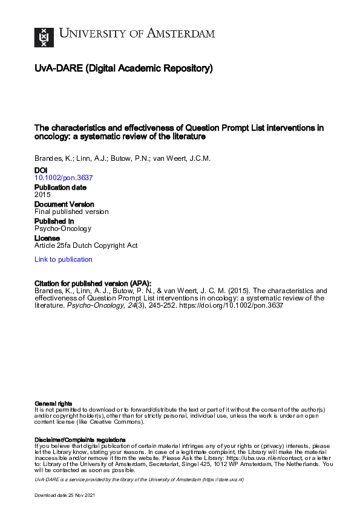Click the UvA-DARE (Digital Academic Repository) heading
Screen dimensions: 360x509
(123, 69)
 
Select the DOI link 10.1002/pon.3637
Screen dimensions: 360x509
(64, 178)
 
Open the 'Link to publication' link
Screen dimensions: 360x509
(64, 259)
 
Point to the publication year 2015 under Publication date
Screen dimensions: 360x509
(42, 195)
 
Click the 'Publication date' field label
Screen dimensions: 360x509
(61, 187)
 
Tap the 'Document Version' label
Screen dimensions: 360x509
(64, 204)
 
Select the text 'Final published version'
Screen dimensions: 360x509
(71, 212)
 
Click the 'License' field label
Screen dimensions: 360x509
(47, 238)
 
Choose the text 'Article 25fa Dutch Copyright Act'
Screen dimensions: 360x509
(86, 245)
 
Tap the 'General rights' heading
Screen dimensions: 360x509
(53, 403)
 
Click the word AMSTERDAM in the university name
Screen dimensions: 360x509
(182, 33)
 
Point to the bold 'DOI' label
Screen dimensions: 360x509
(41, 171)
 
